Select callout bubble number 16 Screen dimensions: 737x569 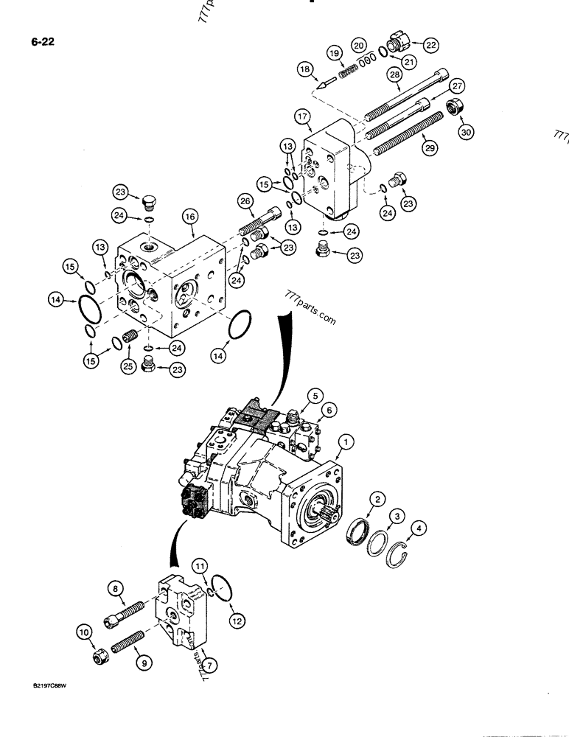[189, 217]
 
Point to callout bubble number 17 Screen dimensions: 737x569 [301, 116]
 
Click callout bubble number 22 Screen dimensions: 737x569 [430, 44]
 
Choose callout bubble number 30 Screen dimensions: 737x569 [465, 132]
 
